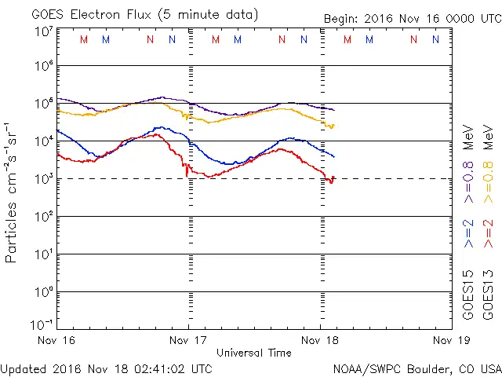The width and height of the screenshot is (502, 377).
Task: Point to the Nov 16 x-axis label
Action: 57,340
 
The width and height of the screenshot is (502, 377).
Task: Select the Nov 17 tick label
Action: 188,340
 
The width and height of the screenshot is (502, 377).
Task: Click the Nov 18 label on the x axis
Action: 320,340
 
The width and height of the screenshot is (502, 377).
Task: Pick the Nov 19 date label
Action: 451,340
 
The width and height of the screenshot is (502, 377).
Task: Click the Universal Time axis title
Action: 253,353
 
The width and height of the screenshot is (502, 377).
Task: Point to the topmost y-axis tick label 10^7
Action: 43,31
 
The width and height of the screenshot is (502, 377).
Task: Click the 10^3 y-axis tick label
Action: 43,179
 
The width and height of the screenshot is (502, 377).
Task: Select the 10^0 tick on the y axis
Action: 43,292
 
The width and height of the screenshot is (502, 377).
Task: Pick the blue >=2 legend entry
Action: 468,235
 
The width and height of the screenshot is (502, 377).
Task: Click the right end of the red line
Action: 333,178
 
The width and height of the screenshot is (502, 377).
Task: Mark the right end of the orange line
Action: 334,126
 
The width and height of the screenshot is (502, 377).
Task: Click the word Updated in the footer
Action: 24,368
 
